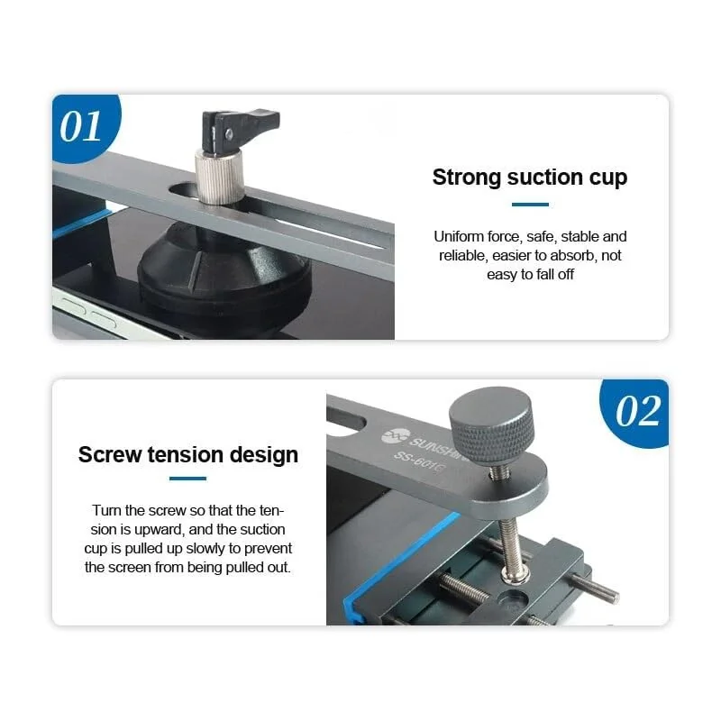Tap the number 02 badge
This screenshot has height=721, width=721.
pyautogui.click(x=637, y=413)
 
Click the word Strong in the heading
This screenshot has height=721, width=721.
pyautogui.click(x=466, y=177)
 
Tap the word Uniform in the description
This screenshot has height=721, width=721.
pyautogui.click(x=459, y=236)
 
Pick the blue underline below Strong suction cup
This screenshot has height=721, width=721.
pyautogui.click(x=530, y=205)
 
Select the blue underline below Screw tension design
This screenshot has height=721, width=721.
pyautogui.click(x=187, y=479)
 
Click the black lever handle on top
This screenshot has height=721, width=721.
pyautogui.click(x=239, y=130)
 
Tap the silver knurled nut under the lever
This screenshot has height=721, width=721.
pyautogui.click(x=219, y=176)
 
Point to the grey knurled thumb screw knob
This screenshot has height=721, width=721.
pyautogui.click(x=491, y=426)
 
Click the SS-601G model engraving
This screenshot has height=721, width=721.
pyautogui.click(x=419, y=463)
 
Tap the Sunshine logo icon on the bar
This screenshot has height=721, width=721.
pyautogui.click(x=395, y=435)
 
